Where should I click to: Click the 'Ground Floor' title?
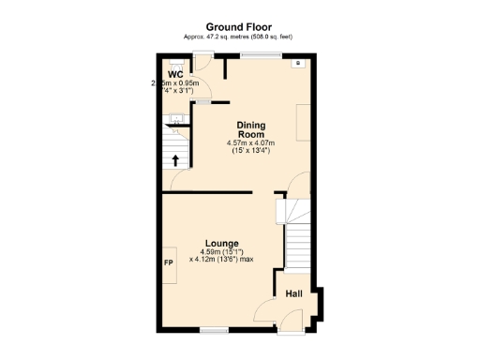click(x=239, y=27)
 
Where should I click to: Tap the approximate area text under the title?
click(x=239, y=37)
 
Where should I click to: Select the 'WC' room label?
click(x=175, y=74)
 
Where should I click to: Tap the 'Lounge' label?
click(x=222, y=243)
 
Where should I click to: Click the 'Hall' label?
click(x=293, y=294)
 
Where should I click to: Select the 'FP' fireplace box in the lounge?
click(x=169, y=262)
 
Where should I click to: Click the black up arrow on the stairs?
click(x=175, y=158)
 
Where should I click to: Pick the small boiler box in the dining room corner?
click(x=298, y=64)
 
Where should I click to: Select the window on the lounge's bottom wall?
click(x=215, y=329)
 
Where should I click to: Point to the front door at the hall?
click(x=292, y=328)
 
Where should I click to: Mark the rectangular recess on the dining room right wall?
click(x=305, y=122)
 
